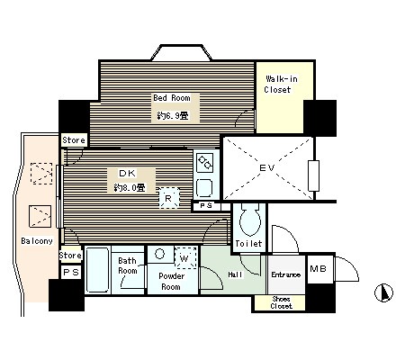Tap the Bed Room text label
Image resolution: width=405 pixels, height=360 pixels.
[x=172, y=98]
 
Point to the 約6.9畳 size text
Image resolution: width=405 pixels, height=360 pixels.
[x=173, y=115]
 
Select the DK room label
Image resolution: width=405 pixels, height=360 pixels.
[x=127, y=173]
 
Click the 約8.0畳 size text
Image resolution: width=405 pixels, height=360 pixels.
[x=130, y=188]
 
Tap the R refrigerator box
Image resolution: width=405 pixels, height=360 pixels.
[x=169, y=198]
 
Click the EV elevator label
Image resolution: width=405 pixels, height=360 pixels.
[x=267, y=167]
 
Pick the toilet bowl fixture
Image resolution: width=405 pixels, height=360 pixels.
[x=250, y=220]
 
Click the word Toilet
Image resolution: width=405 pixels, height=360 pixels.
[x=248, y=243]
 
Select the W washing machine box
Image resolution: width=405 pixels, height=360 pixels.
[x=185, y=257]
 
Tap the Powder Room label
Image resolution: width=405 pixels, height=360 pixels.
[x=171, y=282]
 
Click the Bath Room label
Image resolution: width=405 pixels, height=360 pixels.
[x=128, y=265]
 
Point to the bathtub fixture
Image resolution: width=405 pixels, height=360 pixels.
[x=97, y=270]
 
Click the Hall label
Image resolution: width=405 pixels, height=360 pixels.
[x=236, y=274]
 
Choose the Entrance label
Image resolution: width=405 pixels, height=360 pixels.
[x=286, y=274]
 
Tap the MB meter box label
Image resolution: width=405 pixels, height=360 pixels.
[x=318, y=268]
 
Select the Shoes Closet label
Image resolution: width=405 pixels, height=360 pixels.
[x=281, y=302]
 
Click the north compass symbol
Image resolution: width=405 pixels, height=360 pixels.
[x=384, y=292]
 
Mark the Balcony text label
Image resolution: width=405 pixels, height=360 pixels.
[x=37, y=241]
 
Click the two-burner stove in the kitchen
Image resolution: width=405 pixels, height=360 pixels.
[x=205, y=162]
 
